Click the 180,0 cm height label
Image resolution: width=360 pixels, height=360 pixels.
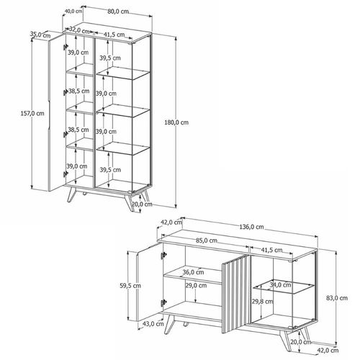(176, 122)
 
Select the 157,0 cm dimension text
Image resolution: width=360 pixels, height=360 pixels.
(32, 113)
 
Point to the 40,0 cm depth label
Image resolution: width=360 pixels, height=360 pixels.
(73, 11)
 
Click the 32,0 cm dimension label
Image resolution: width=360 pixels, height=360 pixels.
(79, 31)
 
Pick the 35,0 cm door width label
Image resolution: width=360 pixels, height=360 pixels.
(40, 35)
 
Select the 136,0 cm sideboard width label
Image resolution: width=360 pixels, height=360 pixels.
(251, 227)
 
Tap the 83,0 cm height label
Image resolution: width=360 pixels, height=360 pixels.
(337, 298)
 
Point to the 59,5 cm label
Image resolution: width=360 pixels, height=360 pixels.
(130, 286)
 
